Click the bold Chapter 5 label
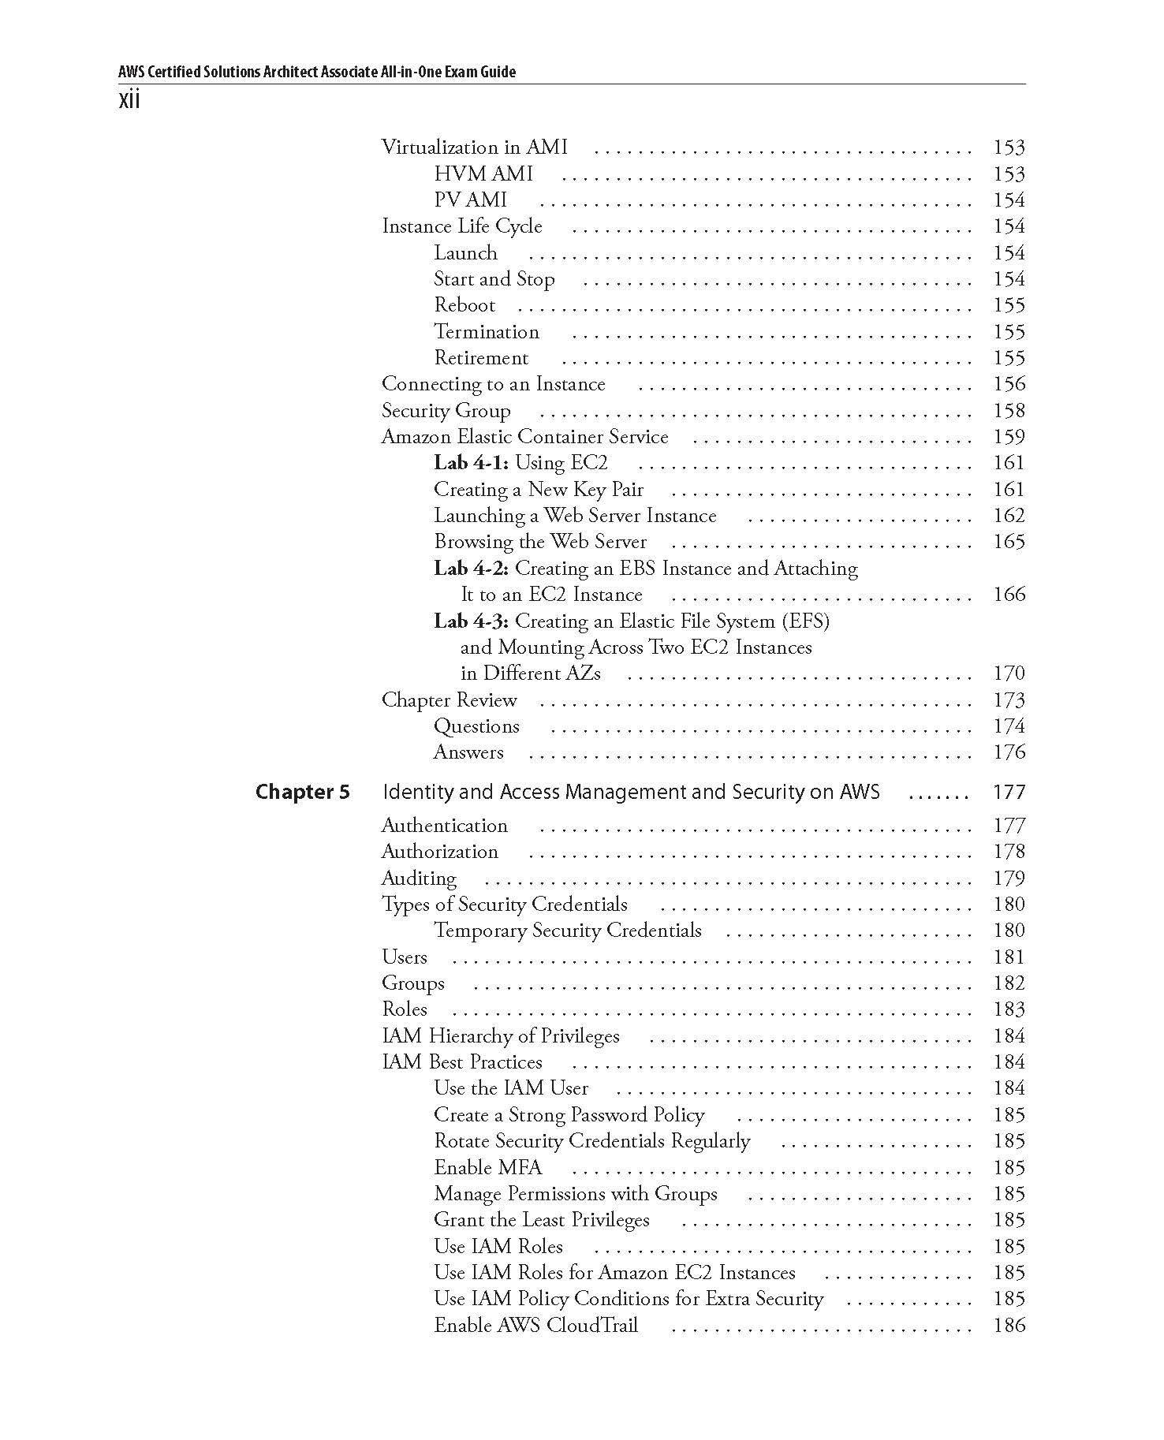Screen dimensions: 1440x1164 point(302,792)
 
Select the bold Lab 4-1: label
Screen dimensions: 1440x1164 point(471,463)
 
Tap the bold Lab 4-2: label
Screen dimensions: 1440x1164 point(471,569)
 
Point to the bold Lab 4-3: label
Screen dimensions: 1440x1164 point(471,621)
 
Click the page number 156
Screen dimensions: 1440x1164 point(1009,384)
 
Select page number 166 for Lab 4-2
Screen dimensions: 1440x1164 point(1009,595)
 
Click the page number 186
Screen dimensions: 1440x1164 point(1009,1325)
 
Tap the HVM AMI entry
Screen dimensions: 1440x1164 point(483,173)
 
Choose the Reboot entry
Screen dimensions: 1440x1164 point(464,305)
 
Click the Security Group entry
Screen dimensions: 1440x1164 point(446,411)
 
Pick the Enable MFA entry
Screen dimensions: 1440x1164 point(487,1167)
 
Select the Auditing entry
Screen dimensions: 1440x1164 point(419,879)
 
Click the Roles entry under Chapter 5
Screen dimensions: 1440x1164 point(404,1009)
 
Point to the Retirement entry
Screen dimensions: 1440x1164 point(481,358)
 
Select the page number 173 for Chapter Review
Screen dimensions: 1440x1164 point(1009,700)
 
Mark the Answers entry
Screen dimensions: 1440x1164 point(468,752)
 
